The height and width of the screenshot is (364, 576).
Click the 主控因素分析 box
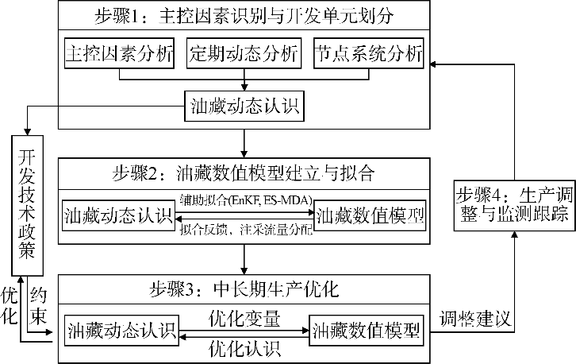(119, 54)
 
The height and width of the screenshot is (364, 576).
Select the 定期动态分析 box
(244, 54)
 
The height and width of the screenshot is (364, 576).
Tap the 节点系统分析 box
(368, 54)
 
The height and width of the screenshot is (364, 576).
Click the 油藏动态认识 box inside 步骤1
(243, 105)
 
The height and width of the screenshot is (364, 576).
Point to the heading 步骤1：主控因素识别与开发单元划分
(243, 16)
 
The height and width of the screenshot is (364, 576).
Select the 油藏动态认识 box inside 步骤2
(119, 215)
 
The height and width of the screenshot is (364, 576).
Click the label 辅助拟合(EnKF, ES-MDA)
(244, 199)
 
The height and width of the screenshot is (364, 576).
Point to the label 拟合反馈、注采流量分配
(244, 230)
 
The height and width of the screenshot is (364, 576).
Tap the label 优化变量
(244, 319)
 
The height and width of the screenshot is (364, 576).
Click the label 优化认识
(244, 347)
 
